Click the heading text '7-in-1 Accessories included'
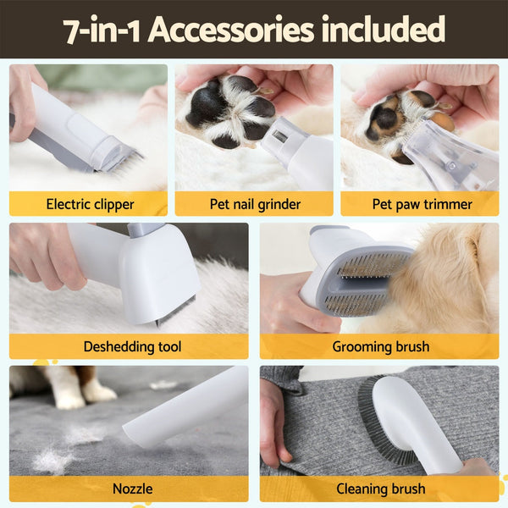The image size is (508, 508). [x=254, y=30]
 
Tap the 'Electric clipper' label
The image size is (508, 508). [x=89, y=204]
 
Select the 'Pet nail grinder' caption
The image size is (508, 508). [x=254, y=204]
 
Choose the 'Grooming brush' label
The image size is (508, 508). [x=379, y=346]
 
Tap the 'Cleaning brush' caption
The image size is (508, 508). [x=379, y=489]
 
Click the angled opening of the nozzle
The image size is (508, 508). [x=140, y=432]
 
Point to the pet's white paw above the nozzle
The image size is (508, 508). [x=97, y=391]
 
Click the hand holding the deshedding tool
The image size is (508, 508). [x=42, y=254]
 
